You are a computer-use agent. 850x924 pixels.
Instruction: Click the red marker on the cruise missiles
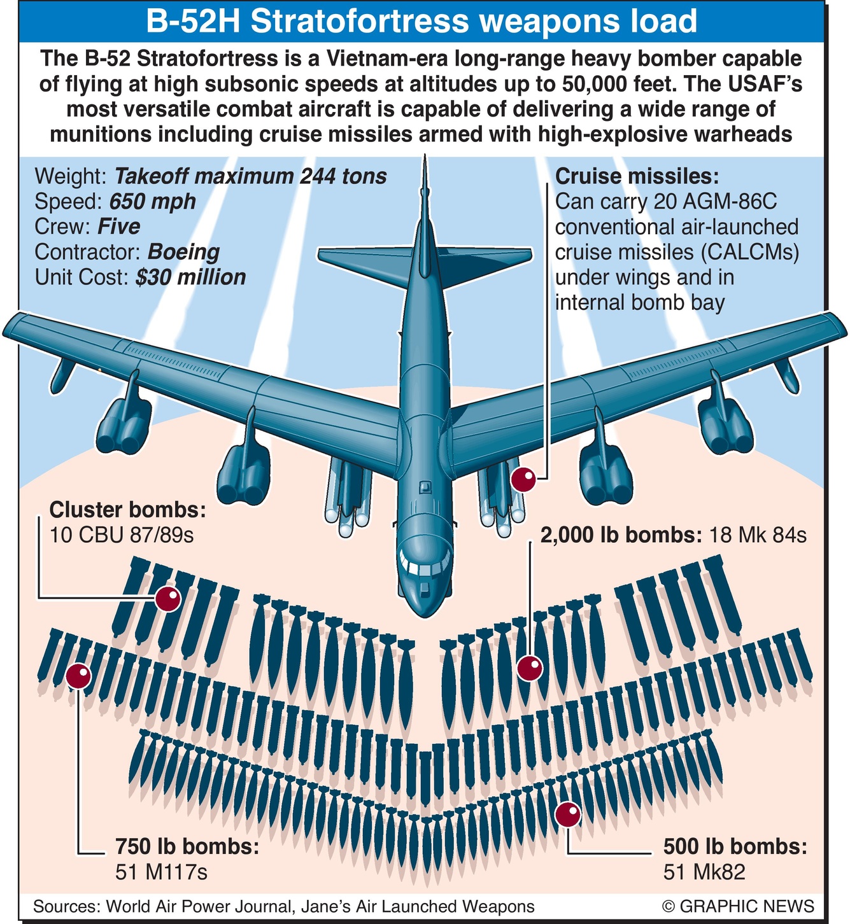525,479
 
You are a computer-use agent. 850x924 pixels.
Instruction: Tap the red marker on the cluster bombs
169,599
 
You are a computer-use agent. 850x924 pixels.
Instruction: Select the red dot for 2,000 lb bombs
530,668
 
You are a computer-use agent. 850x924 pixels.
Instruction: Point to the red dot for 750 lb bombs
79,676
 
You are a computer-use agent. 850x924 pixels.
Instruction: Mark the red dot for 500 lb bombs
567,815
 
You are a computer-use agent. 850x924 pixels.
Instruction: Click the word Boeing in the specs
183,252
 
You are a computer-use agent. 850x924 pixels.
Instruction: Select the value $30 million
190,277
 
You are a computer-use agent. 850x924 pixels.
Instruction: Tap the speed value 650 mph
153,202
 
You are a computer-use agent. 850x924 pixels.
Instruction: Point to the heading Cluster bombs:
127,510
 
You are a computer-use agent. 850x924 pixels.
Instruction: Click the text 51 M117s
161,871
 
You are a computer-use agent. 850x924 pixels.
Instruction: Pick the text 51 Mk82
704,871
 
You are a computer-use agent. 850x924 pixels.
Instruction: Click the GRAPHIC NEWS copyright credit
738,906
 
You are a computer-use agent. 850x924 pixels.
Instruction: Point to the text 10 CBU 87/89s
122,535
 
